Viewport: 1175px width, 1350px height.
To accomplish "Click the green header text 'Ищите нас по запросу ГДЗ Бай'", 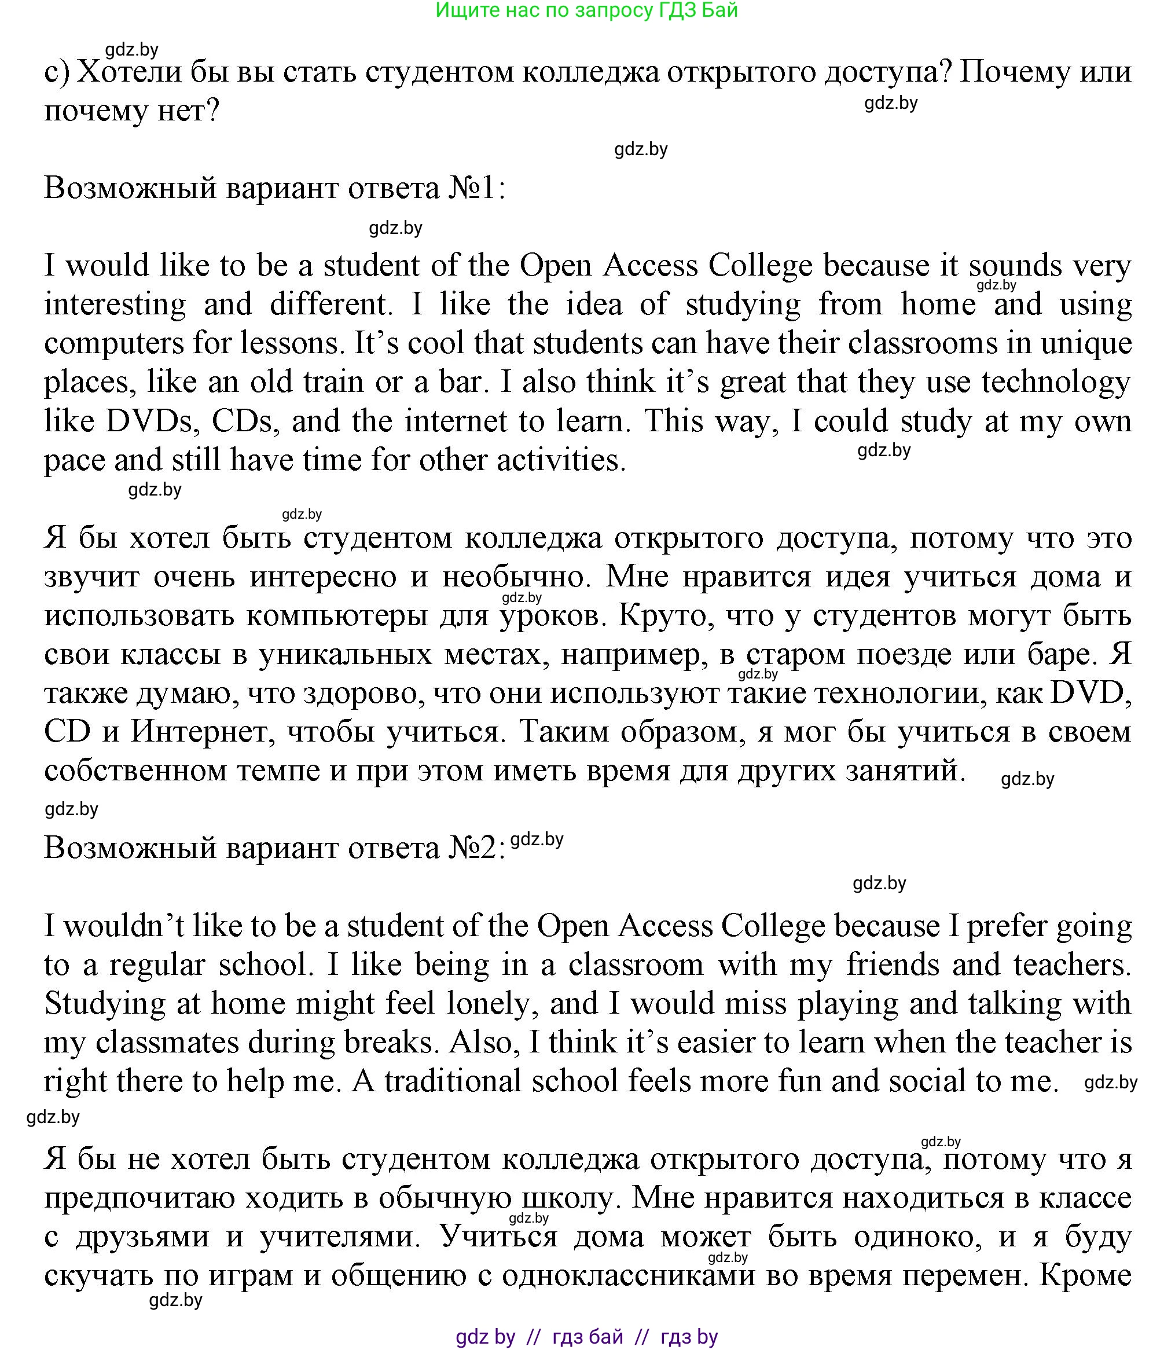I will click(587, 10).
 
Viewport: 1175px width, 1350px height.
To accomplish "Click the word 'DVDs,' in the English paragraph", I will click(153, 421).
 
